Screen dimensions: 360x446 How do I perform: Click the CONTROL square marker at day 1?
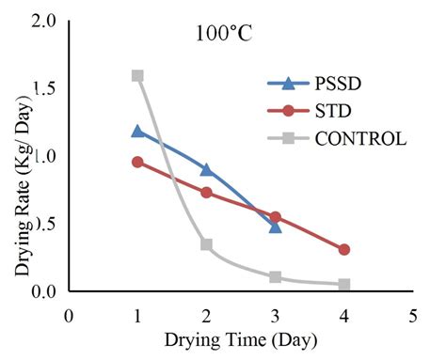[x=137, y=75]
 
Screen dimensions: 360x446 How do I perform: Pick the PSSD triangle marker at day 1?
[x=137, y=131]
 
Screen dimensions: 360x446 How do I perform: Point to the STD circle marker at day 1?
[x=137, y=162]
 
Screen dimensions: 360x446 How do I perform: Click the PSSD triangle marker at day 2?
[x=206, y=169]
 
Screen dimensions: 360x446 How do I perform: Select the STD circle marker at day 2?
[x=206, y=193]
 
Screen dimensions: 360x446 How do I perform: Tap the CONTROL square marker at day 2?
[x=206, y=244]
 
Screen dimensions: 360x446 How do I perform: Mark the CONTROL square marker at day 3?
[x=275, y=277]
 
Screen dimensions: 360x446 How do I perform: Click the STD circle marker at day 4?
[x=344, y=249]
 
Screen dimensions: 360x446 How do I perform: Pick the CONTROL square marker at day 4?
[x=344, y=284]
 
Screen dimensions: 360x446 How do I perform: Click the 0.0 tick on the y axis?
[x=45, y=291]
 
